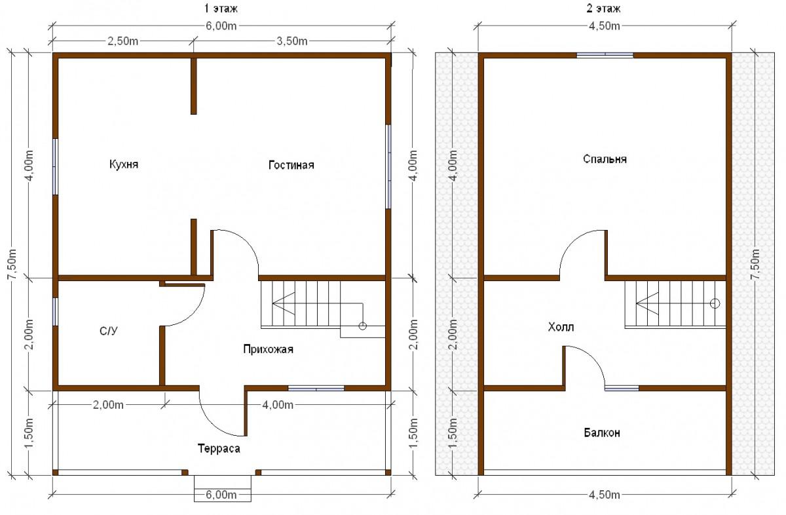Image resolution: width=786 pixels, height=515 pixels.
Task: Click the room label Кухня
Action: [124, 164]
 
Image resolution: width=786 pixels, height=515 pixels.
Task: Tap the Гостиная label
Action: [291, 165]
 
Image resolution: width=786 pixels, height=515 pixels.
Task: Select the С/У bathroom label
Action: [109, 331]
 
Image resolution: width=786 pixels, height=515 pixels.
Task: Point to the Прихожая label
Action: [268, 349]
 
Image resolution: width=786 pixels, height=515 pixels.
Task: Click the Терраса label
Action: [219, 448]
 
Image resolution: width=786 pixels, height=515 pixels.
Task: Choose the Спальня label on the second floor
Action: [605, 159]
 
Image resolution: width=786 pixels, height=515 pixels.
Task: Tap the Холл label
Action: [561, 327]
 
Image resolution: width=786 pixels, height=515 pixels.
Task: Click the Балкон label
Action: [602, 433]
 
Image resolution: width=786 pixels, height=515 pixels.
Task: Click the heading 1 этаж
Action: [221, 9]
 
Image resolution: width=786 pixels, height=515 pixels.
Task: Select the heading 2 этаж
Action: [603, 9]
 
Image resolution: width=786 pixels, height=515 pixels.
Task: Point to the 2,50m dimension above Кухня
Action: [123, 41]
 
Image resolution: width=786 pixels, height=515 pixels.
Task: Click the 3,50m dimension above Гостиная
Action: [292, 41]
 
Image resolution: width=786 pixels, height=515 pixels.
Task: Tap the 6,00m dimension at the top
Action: [221, 26]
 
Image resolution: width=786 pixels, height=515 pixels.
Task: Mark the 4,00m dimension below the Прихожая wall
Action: [278, 405]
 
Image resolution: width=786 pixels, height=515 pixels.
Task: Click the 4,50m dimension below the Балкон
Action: [604, 495]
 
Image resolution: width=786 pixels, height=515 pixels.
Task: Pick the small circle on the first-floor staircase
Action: [362, 326]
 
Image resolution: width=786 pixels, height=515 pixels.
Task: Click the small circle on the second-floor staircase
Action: [715, 303]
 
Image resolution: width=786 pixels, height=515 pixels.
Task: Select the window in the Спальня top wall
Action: [605, 55]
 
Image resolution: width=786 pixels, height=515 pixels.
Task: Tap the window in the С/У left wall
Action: [55, 312]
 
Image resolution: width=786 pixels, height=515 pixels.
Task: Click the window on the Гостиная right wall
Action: [388, 166]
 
